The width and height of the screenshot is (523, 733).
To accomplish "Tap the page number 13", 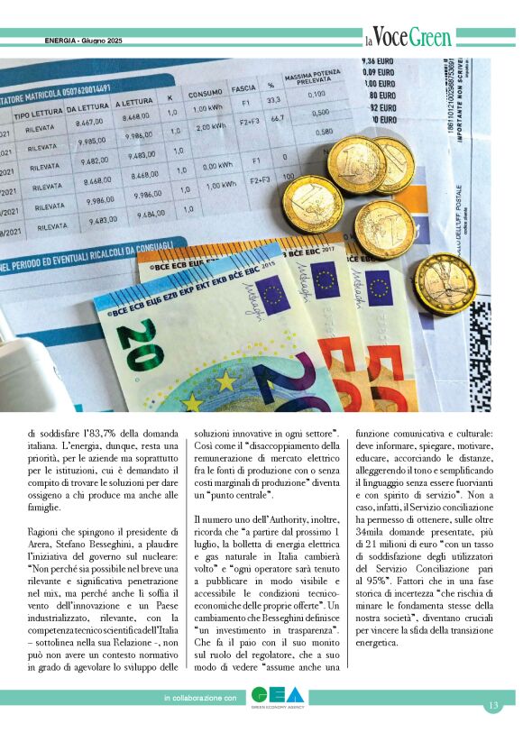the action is tap(493, 705).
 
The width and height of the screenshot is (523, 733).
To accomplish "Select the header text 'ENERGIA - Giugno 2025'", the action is tap(87, 41).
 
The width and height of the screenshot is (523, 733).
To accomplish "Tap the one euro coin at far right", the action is tap(445, 284).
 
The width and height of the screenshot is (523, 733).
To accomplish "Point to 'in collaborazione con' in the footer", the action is tap(200, 698).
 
